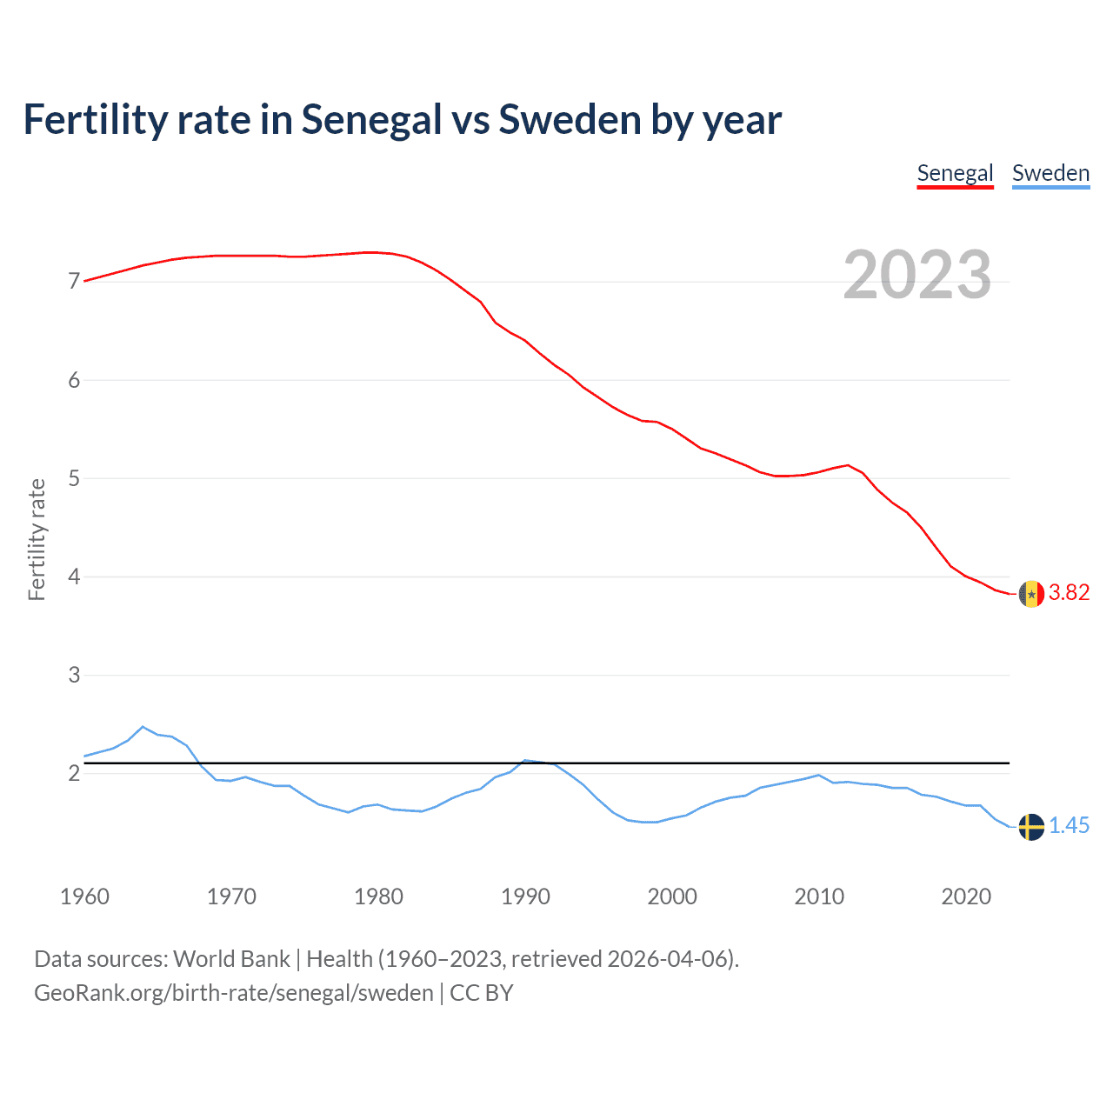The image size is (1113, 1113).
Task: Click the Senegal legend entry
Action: click(x=955, y=173)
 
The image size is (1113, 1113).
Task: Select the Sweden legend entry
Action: click(x=1050, y=173)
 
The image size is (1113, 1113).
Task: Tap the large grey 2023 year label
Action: click(x=917, y=275)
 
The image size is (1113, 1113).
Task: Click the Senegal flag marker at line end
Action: click(x=1031, y=594)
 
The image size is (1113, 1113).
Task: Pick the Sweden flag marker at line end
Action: click(x=1031, y=827)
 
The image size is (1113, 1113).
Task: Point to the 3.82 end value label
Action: click(x=1069, y=593)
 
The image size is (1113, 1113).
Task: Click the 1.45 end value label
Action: click(x=1069, y=826)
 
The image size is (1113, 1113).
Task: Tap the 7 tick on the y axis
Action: click(x=74, y=282)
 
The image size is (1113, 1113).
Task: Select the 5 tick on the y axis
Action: click(x=74, y=478)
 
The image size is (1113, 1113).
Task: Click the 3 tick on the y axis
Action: click(x=74, y=675)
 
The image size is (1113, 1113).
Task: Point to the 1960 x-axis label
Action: click(x=84, y=896)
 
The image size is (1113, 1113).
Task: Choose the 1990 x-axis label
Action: click(x=525, y=896)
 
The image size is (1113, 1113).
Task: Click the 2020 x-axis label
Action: click(x=966, y=896)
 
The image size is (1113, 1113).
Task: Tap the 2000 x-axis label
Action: click(x=672, y=896)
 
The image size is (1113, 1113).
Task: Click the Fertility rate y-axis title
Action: click(x=37, y=539)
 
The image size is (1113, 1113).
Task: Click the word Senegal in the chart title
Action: click(x=371, y=120)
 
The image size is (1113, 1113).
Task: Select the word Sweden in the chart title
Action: click(x=570, y=120)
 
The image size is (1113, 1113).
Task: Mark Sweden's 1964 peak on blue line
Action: click(x=143, y=727)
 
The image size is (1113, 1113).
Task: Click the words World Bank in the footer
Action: click(x=231, y=959)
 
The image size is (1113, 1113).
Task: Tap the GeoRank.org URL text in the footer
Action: click(x=233, y=993)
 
